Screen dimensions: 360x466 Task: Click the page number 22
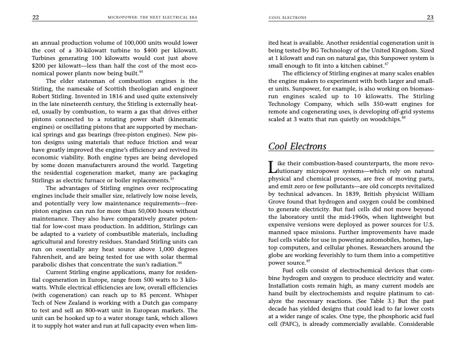tap(35, 18)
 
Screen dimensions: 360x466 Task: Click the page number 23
tap(430, 18)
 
